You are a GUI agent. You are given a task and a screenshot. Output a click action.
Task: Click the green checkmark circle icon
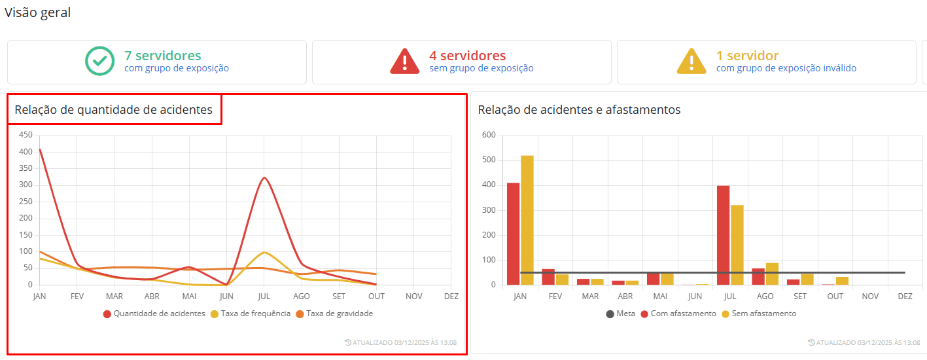100,61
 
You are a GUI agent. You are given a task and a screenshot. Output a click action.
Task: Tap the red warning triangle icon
405,61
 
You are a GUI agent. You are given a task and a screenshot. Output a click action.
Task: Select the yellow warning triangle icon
691,61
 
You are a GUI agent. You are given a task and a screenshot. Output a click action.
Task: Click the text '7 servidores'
163,56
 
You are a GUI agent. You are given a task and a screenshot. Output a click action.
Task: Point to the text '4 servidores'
468,56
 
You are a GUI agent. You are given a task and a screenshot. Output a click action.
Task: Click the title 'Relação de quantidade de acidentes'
114,110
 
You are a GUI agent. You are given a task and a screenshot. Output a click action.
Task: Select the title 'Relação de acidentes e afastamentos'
579,110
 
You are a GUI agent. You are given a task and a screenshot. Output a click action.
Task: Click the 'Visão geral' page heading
37,12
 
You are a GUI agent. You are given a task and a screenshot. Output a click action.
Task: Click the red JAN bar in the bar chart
514,234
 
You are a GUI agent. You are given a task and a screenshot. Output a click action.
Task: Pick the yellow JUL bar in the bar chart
737,245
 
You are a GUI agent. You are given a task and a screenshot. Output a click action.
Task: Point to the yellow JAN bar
527,220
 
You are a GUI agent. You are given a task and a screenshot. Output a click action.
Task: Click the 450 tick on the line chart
26,135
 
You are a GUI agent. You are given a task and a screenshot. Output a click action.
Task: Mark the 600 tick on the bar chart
489,135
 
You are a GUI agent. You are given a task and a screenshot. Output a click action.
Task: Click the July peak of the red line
264,178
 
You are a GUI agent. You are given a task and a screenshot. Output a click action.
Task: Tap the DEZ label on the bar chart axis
905,297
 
